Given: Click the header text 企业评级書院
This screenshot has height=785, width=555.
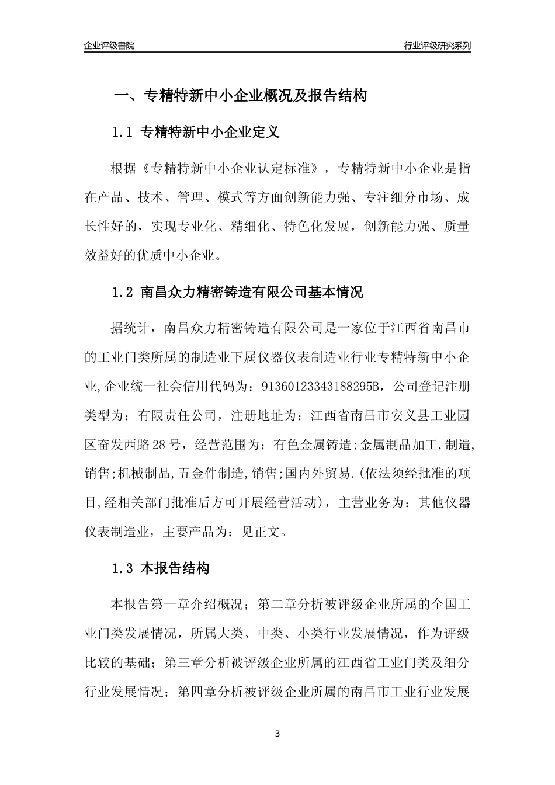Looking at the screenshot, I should pos(109,46).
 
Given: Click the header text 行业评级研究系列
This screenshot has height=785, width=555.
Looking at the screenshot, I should pos(438,46).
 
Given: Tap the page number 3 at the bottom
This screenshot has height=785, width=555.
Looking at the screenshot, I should pos(277,734).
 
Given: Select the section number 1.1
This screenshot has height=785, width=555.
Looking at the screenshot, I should pos(123,133).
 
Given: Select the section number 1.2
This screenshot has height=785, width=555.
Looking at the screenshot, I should pos(123,292).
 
